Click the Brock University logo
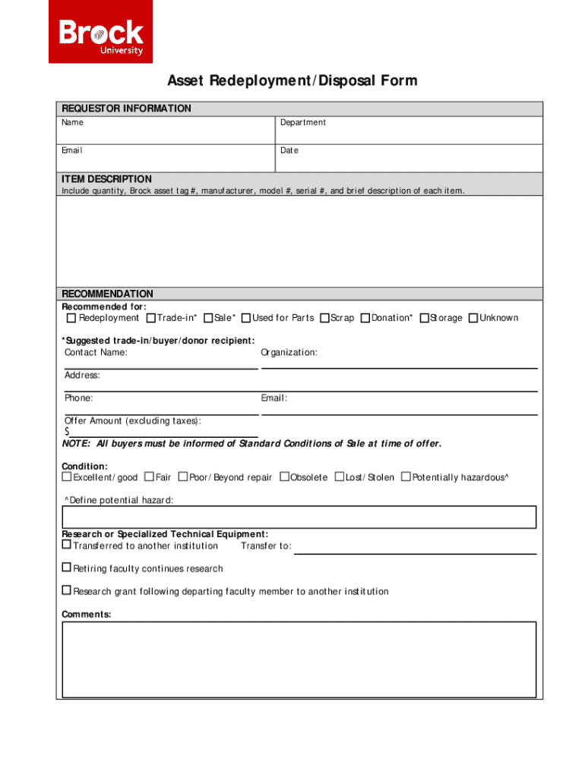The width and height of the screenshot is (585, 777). point(101,32)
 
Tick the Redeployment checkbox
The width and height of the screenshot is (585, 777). point(71,318)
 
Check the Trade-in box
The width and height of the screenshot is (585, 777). point(151,318)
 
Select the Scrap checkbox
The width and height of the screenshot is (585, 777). point(324,318)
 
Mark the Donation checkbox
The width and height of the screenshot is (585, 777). point(365,318)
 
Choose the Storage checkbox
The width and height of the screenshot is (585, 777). point(424,318)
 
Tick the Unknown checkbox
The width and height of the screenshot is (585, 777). point(473,318)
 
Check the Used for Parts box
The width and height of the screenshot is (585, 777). point(246,318)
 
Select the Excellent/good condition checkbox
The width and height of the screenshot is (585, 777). point(66,477)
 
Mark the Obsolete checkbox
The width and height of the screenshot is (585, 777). point(284,477)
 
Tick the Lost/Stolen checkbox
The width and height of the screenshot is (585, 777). point(340,477)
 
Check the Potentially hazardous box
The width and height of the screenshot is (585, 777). point(406,477)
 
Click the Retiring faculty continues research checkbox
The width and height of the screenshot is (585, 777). point(66,568)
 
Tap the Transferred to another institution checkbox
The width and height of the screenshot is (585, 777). point(66,545)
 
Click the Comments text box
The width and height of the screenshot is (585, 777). point(299,659)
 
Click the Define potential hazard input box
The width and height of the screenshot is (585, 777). point(299,517)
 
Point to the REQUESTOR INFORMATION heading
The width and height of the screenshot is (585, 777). point(126,109)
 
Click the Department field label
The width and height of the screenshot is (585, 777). point(302,123)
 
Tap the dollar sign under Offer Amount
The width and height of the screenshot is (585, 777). point(67,432)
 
